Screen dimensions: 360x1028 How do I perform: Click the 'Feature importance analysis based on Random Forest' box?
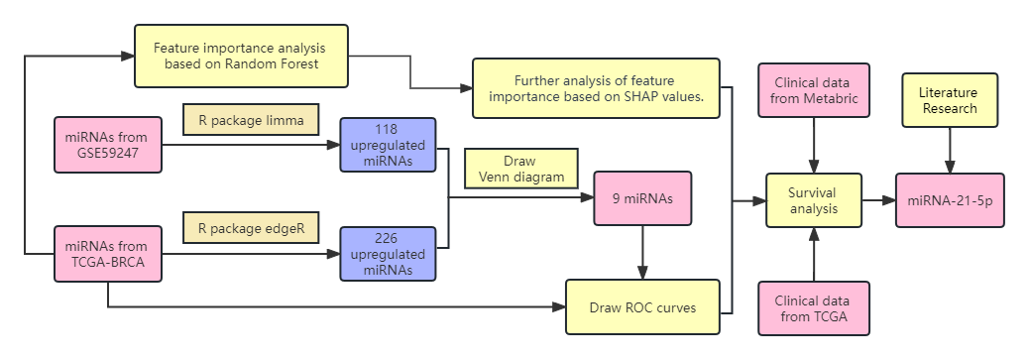click(x=242, y=56)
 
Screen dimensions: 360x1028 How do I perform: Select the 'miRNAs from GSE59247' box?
click(x=108, y=145)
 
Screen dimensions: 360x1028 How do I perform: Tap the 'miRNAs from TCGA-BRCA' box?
click(x=108, y=254)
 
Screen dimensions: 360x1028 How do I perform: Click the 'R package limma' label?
click(x=250, y=121)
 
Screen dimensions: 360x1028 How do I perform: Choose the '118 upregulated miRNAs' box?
click(x=387, y=146)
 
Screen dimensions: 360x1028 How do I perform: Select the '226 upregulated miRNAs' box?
click(x=387, y=255)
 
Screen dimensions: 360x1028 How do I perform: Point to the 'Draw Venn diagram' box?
click(x=520, y=170)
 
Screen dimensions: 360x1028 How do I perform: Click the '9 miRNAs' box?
click(x=643, y=199)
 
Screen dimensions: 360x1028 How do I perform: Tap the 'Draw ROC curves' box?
click(x=643, y=306)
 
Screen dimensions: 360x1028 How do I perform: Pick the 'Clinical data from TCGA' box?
click(x=813, y=308)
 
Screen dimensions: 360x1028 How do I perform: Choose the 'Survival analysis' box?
click(x=813, y=200)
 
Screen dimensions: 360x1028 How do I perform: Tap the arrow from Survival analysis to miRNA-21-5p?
click(x=878, y=200)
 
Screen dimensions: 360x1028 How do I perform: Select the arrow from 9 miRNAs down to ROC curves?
click(x=643, y=252)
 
